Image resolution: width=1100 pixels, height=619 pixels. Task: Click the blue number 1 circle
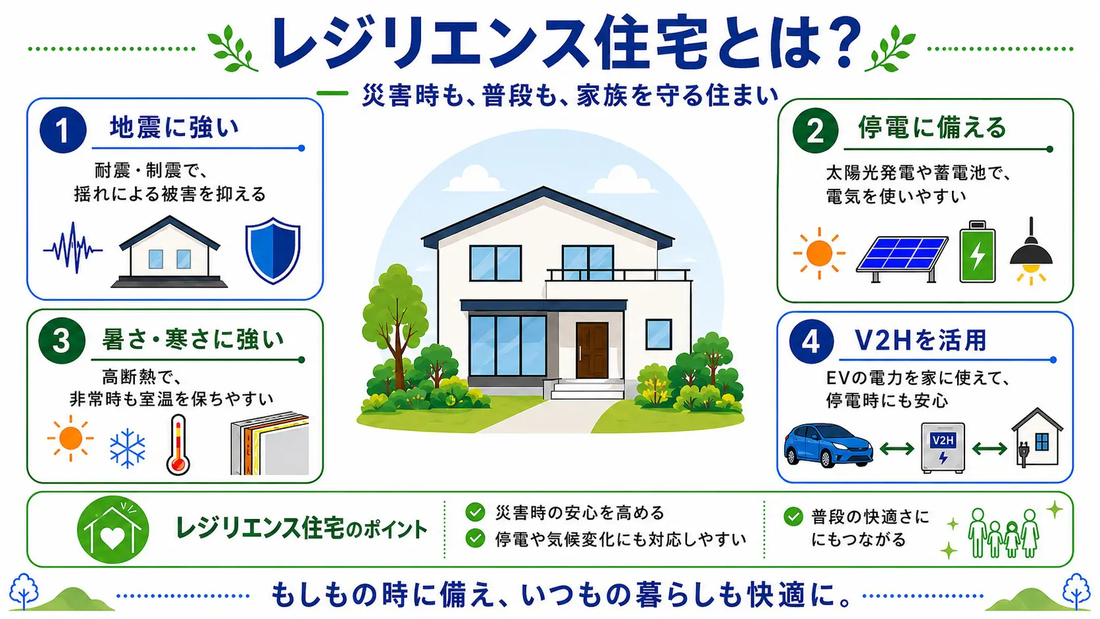[x=63, y=130]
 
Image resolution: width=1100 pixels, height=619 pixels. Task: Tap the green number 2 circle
[x=815, y=130]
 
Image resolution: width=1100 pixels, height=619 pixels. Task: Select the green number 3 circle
[x=62, y=341]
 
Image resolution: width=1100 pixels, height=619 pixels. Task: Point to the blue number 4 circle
[x=811, y=341]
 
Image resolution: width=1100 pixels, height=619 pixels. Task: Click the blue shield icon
[x=272, y=251]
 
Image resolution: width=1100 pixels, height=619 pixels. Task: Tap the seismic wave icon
[x=72, y=249]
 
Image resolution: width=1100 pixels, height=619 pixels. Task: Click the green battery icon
[x=977, y=252]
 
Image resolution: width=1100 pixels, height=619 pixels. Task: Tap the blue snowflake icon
[x=127, y=448]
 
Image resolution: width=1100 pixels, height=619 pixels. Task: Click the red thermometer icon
[x=178, y=445]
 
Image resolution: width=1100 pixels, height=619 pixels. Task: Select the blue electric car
[x=828, y=445]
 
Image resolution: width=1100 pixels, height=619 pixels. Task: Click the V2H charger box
[x=943, y=448]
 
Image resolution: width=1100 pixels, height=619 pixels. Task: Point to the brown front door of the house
[x=592, y=350]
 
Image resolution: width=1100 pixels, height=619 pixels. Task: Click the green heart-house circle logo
[x=113, y=530]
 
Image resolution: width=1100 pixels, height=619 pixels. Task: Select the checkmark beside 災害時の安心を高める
[x=475, y=512]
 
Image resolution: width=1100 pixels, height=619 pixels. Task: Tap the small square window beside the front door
[x=659, y=334]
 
